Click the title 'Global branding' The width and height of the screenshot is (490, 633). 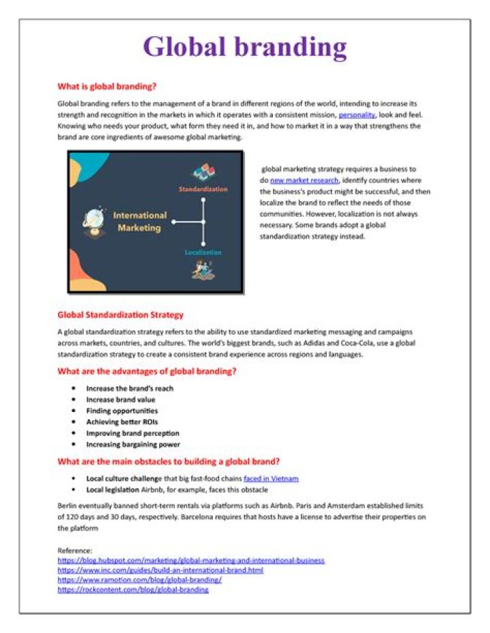[244, 47]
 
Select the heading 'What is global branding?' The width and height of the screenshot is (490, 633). [107, 87]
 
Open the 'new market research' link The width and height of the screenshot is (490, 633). [304, 180]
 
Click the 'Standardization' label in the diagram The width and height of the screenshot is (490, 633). [203, 188]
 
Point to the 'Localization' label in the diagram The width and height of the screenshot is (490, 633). [203, 252]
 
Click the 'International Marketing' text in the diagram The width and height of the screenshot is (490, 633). [140, 221]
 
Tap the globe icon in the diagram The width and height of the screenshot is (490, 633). [93, 222]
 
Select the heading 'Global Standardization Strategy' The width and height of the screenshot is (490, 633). [120, 315]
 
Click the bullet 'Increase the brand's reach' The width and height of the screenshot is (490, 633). [129, 388]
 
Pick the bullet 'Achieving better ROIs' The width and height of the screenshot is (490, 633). [122, 422]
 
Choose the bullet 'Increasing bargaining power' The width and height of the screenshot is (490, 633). [133, 444]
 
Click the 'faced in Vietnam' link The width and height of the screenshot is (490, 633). [271, 478]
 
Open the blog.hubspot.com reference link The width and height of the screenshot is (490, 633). [191, 560]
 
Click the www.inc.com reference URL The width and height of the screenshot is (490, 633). [160, 570]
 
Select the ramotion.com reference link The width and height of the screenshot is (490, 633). [140, 580]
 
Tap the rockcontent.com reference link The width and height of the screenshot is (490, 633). [133, 589]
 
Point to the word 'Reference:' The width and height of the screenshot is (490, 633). [75, 550]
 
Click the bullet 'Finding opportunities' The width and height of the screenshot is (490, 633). [122, 411]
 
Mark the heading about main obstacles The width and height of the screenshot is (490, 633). [168, 462]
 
